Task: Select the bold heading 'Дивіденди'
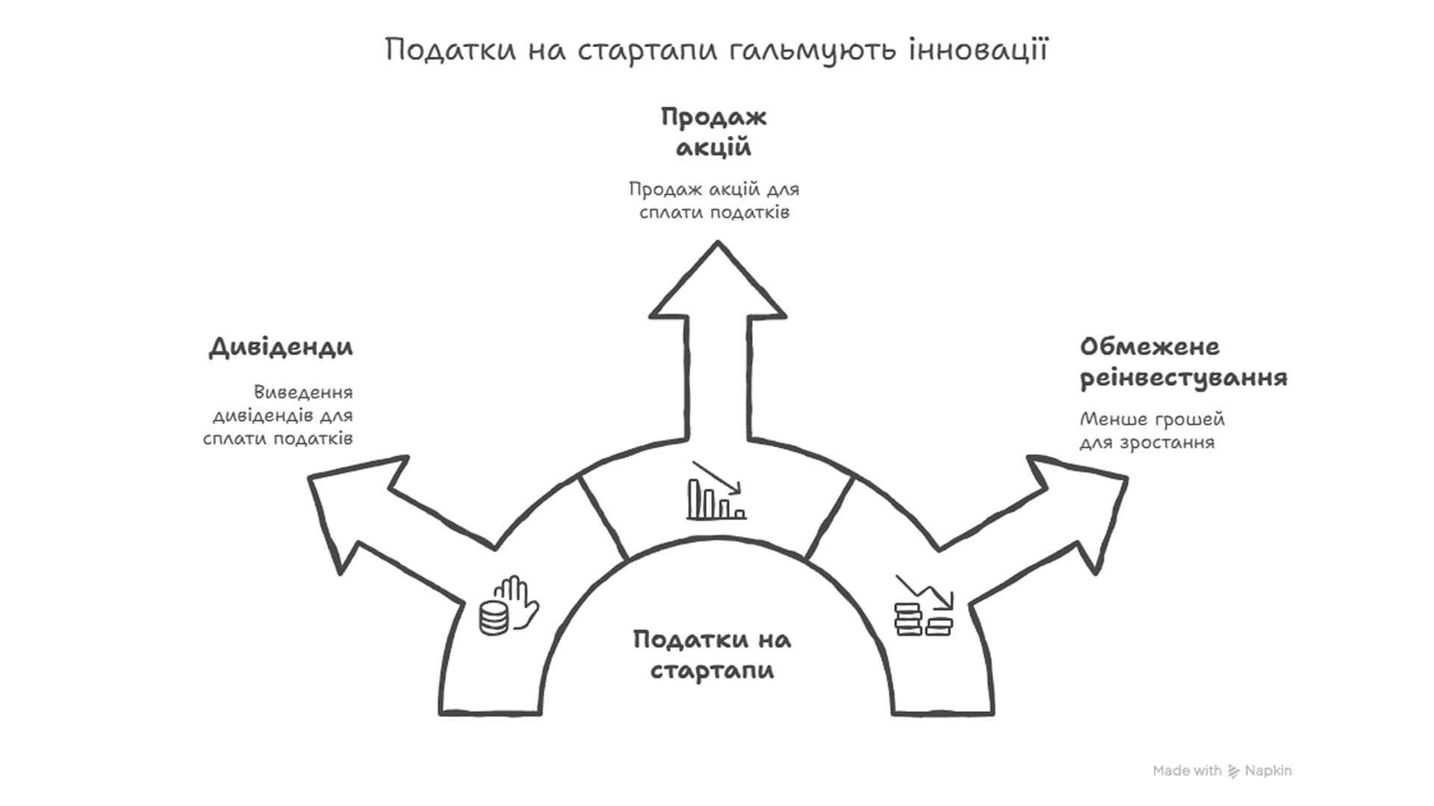281,347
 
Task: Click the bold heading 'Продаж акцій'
713,132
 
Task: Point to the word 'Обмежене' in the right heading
1149,347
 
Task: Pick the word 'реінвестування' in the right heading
1184,378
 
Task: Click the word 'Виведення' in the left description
303,392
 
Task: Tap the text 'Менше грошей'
1152,419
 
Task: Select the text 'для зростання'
1147,443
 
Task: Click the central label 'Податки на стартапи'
712,655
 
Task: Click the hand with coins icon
508,606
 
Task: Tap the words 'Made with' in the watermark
1187,771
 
